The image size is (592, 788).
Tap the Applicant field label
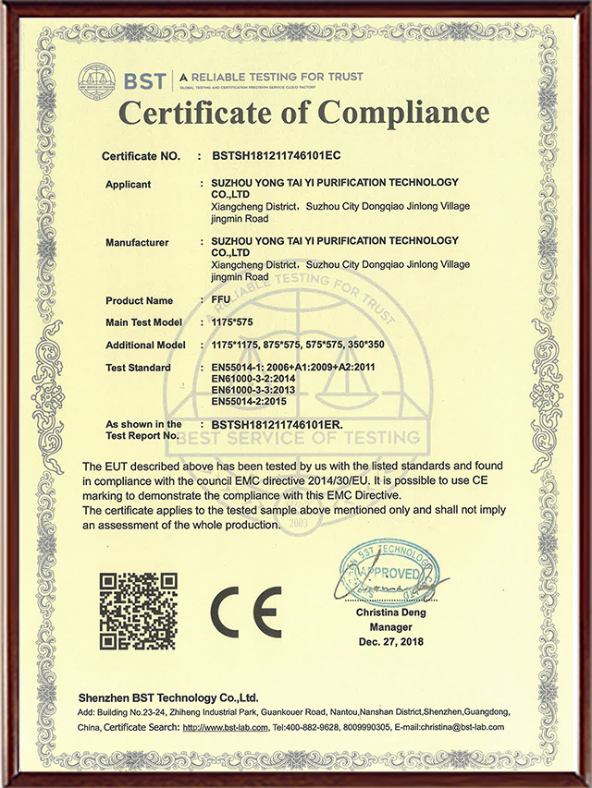pyautogui.click(x=128, y=184)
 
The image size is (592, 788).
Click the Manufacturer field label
pyautogui.click(x=137, y=242)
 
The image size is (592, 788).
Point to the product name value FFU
pyautogui.click(x=220, y=300)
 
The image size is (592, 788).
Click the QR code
pyautogui.click(x=139, y=611)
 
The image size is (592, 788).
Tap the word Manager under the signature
pyautogui.click(x=390, y=626)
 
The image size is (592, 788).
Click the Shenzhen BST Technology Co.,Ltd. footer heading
pyautogui.click(x=167, y=698)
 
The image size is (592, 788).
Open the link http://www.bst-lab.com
pyautogui.click(x=225, y=727)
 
